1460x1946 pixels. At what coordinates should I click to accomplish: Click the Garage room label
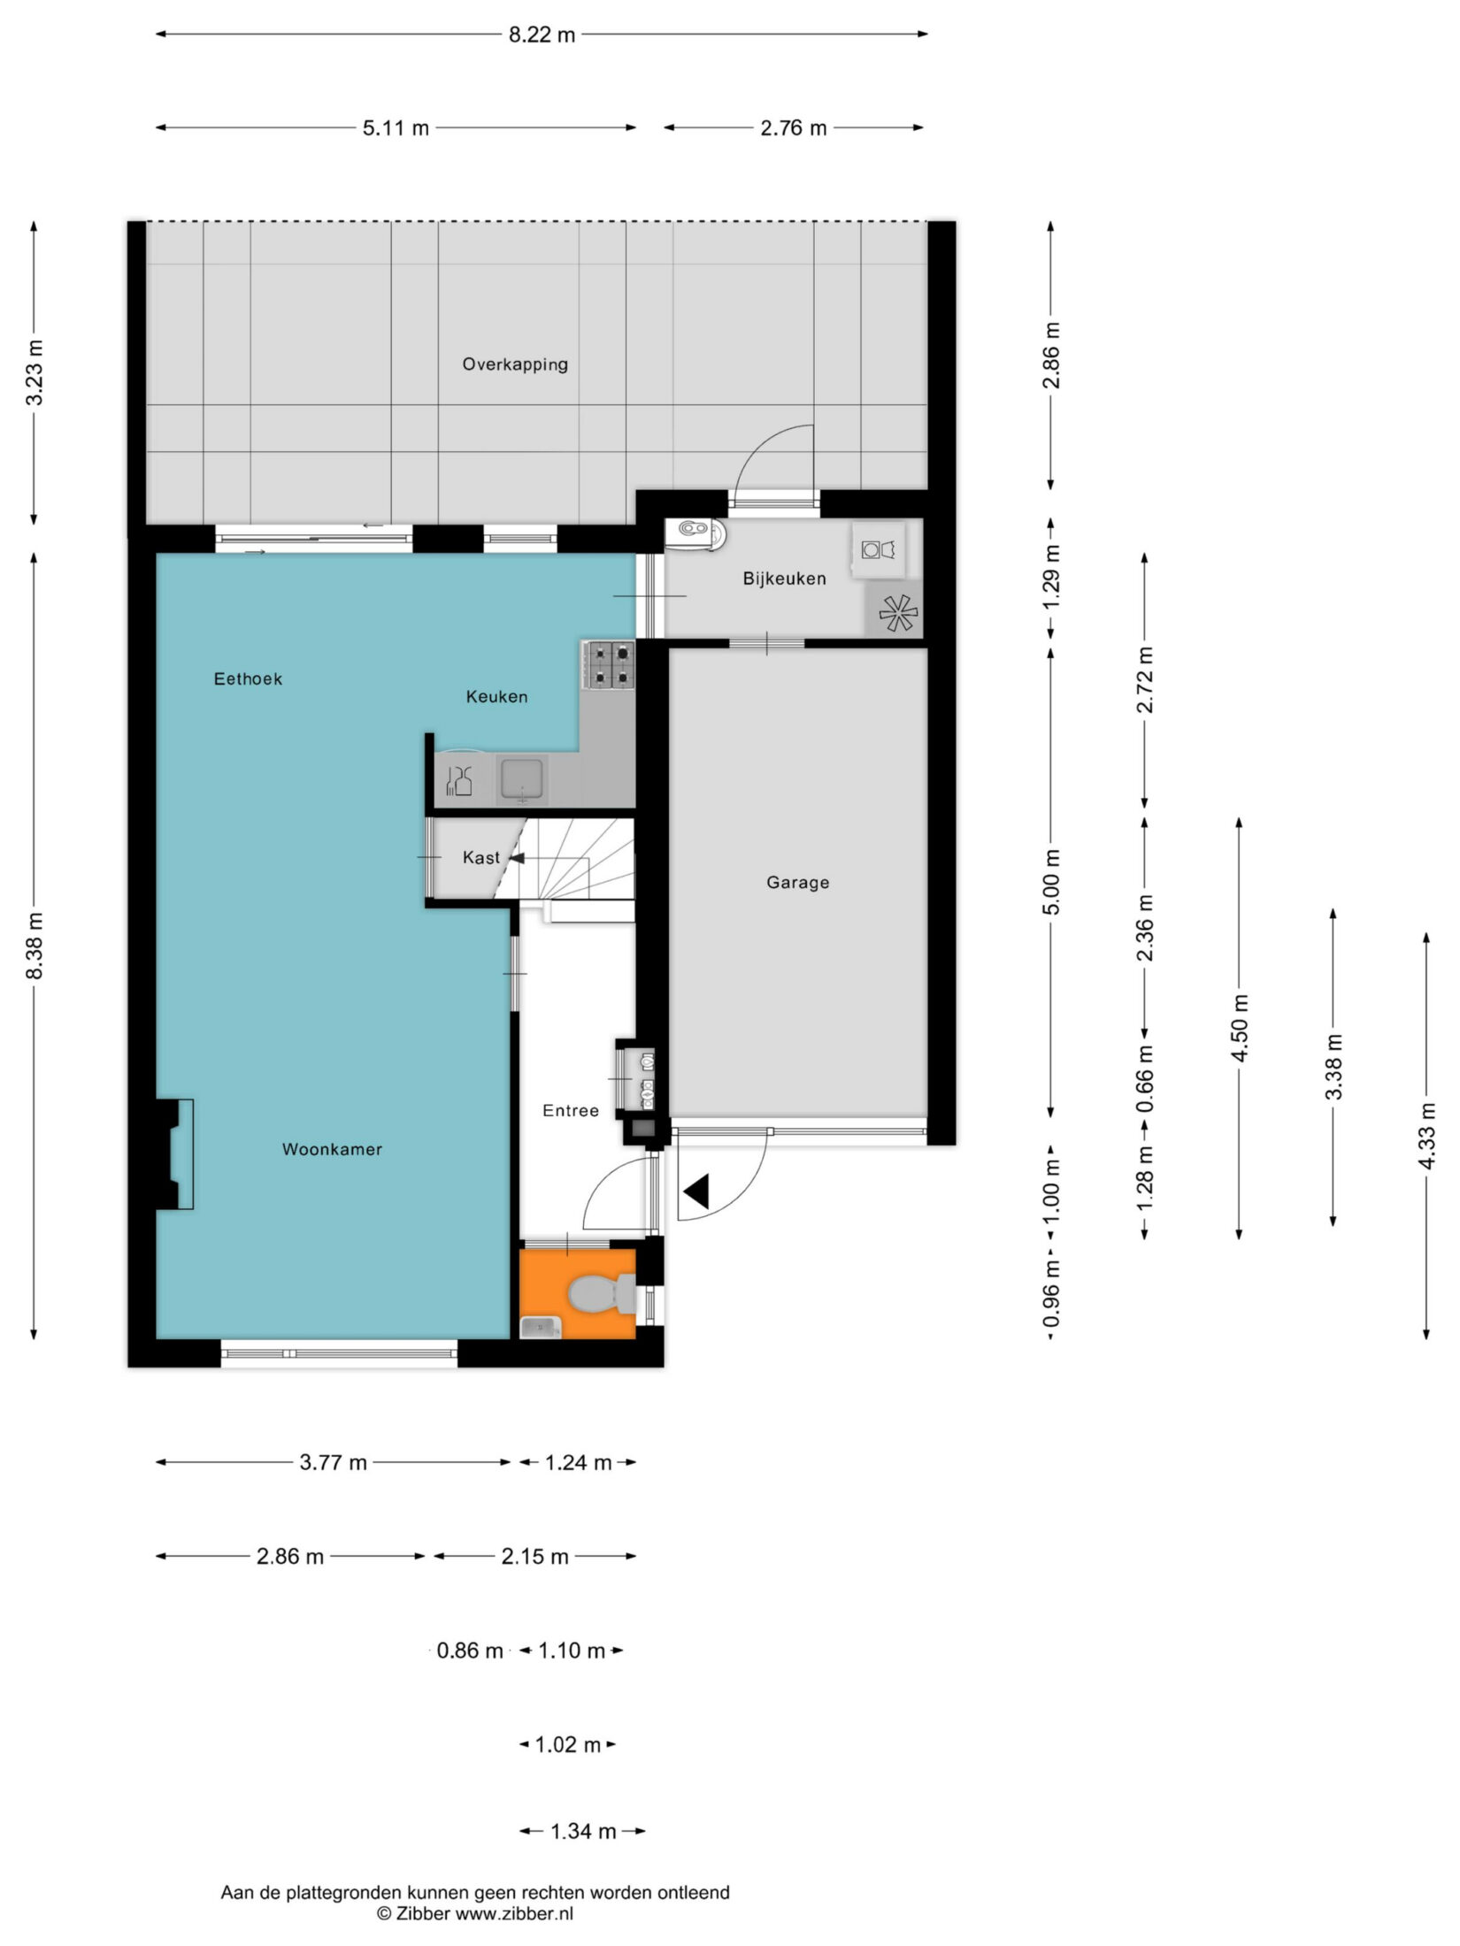click(797, 883)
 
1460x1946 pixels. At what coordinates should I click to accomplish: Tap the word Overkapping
click(515, 364)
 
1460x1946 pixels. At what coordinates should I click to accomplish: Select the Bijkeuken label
click(784, 578)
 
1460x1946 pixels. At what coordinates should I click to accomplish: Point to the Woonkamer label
click(332, 1150)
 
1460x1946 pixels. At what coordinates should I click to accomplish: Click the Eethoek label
click(248, 678)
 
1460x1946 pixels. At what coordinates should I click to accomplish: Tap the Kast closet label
click(480, 858)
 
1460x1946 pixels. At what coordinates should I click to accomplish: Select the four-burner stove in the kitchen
click(609, 666)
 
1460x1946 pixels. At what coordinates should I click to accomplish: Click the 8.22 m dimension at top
click(542, 35)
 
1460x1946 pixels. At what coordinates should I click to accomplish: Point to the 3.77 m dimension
click(333, 1462)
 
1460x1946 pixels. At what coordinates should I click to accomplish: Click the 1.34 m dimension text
click(583, 1831)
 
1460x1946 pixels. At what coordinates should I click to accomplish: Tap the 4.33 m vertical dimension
click(1425, 1136)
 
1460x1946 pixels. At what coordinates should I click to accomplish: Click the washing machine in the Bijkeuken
click(878, 550)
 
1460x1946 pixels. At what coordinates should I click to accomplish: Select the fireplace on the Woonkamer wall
click(175, 1155)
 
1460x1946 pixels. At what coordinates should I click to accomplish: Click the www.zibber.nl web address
click(514, 1912)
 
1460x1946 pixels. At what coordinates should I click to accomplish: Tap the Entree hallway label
click(571, 1111)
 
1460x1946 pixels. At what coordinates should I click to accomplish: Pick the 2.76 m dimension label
click(794, 129)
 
